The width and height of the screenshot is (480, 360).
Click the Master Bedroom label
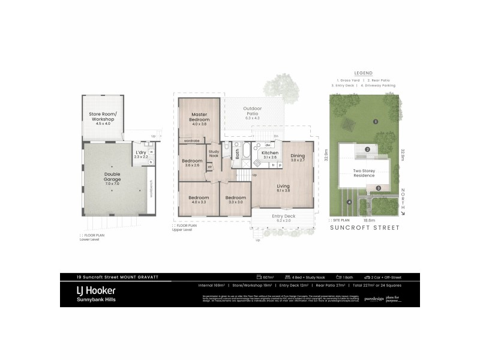click(x=199, y=117)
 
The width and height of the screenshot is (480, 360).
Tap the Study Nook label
click(x=214, y=153)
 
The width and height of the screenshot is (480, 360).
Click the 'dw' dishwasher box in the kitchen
click(x=267, y=145)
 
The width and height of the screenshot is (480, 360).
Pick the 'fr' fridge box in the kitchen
click(x=273, y=164)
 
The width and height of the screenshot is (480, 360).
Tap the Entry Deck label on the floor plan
click(x=283, y=216)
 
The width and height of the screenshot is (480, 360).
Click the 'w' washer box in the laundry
click(x=151, y=152)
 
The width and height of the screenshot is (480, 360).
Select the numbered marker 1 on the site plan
click(x=375, y=122)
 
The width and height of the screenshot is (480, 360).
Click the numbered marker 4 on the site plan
click(x=349, y=202)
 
